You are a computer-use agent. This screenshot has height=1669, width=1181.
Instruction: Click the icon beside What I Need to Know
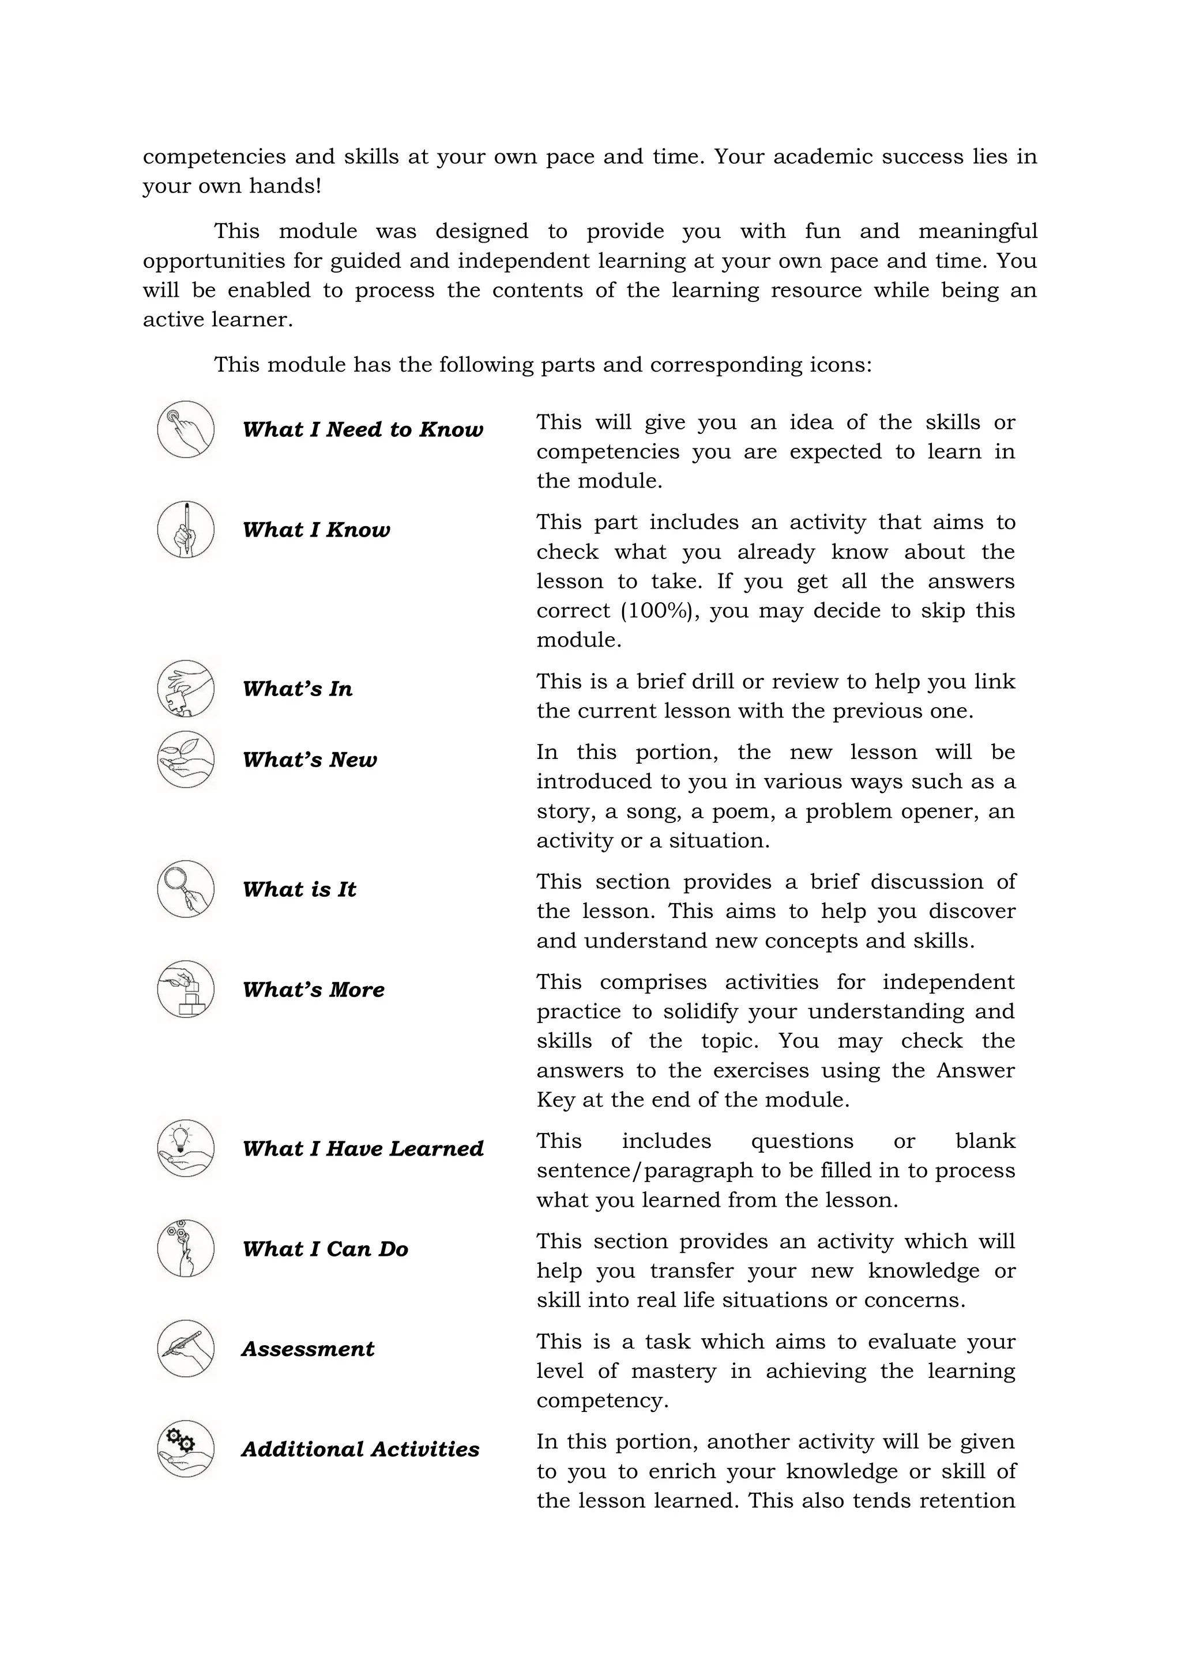(186, 429)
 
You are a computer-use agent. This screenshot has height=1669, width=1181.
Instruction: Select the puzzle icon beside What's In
(186, 688)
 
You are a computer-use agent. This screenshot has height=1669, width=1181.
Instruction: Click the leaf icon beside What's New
(186, 759)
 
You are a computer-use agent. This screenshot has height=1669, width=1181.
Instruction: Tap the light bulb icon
(186, 1148)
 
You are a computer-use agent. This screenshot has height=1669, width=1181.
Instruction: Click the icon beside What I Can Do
(186, 1248)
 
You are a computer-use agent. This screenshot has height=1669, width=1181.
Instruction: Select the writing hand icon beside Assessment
(186, 1349)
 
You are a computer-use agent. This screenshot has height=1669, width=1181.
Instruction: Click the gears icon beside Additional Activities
(186, 1449)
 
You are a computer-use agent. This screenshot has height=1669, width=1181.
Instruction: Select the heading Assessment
(307, 1349)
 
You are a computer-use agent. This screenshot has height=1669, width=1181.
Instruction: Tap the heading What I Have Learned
(363, 1149)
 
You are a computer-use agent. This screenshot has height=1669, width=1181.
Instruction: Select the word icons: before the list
(840, 364)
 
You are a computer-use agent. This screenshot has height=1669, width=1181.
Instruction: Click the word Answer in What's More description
(975, 1071)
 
